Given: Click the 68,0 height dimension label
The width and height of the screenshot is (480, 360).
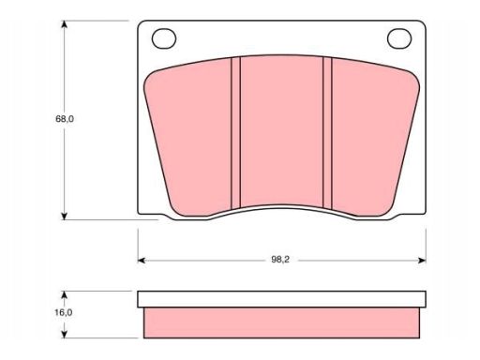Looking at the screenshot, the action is tap(65, 119).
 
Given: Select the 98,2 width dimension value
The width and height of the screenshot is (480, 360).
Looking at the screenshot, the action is tap(280, 260).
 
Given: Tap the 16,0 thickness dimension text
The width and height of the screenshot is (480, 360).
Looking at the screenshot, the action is tap(64, 312).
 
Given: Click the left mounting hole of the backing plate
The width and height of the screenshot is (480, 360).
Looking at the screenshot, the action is tap(164, 38).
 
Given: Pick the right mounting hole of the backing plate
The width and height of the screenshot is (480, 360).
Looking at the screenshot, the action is tap(399, 38).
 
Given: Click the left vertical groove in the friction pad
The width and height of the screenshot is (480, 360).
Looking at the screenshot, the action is tap(235, 133).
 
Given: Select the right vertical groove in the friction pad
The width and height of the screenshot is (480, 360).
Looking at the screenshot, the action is tap(327, 133).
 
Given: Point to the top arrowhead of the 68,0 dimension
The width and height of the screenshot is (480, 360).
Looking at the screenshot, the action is tap(64, 24).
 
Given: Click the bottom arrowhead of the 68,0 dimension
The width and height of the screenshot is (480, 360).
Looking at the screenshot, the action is tap(64, 216).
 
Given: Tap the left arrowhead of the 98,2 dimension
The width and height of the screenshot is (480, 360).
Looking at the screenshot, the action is tap(142, 261).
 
